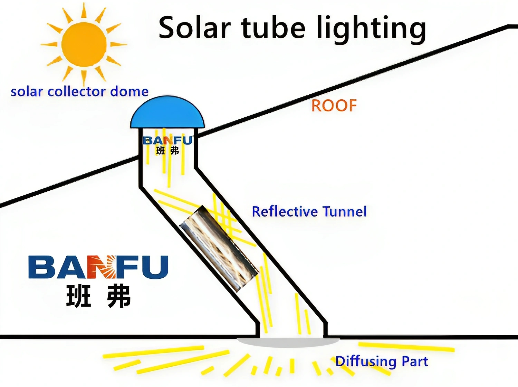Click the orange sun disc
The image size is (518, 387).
[84, 44]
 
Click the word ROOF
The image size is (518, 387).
[334, 106]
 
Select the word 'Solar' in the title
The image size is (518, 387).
[194, 28]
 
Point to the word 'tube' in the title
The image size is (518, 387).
[273, 28]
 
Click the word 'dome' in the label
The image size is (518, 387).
[129, 91]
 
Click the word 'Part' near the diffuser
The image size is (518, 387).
[415, 361]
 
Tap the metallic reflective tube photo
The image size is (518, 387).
[219, 248]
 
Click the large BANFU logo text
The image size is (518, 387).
[98, 267]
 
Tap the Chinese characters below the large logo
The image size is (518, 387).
[98, 296]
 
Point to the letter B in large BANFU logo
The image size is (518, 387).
[41, 267]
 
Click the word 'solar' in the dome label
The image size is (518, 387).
[27, 92]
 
